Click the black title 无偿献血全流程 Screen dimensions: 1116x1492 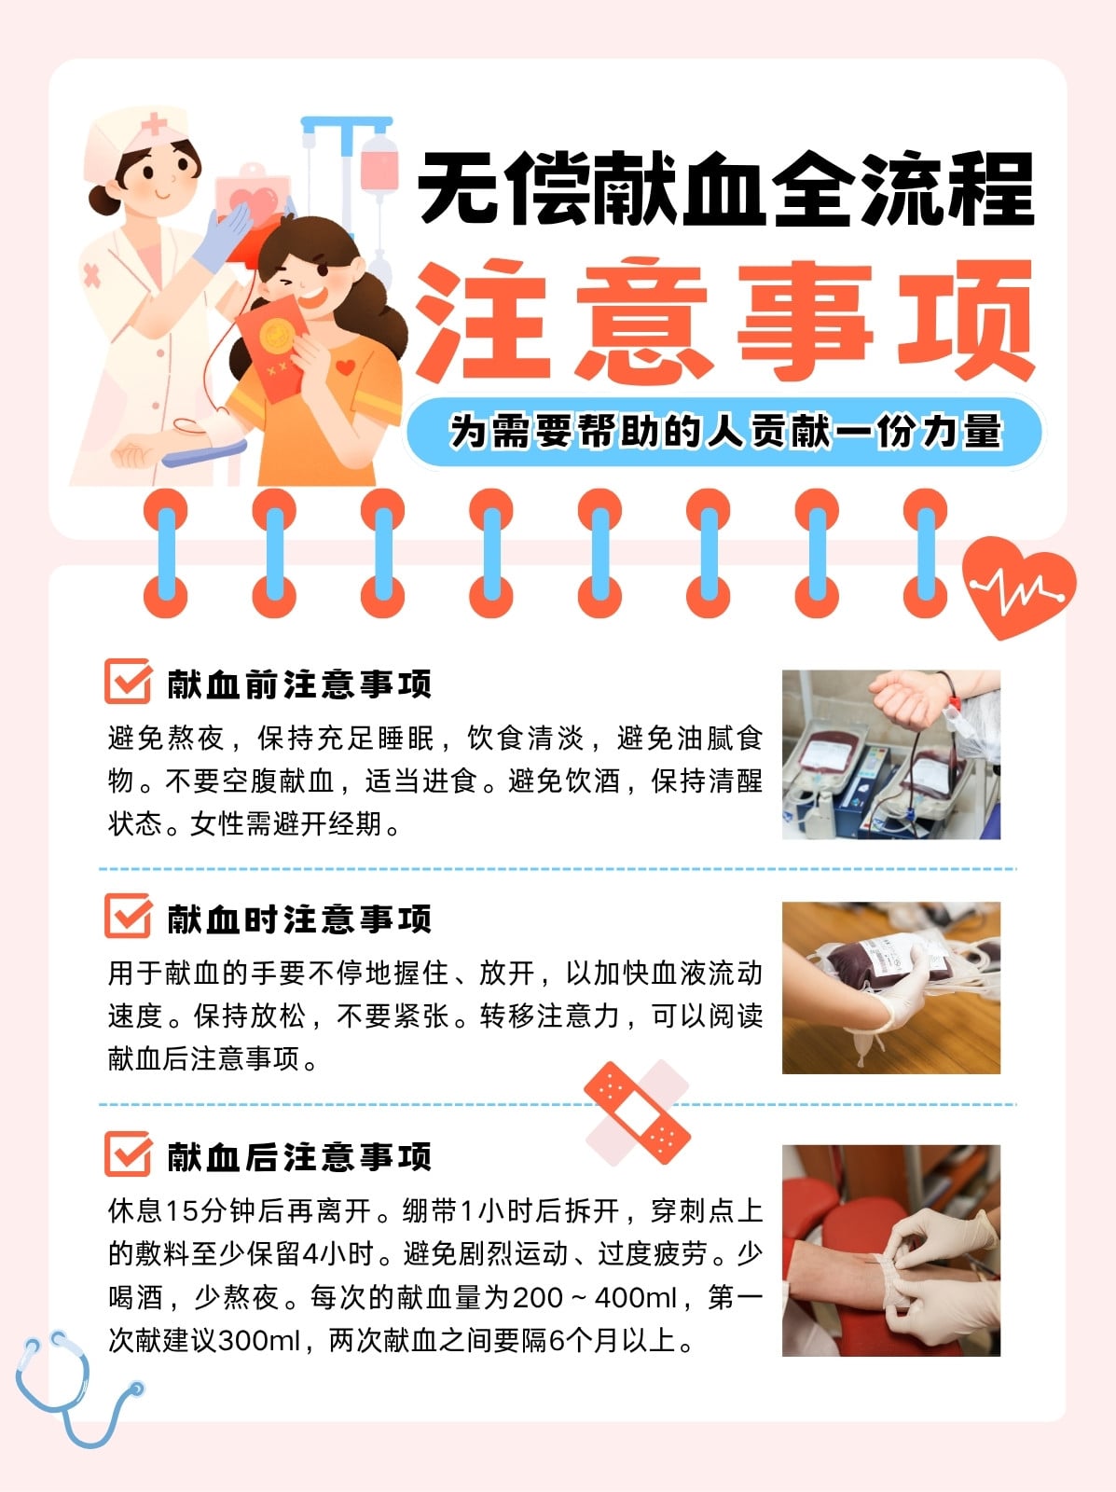point(725,189)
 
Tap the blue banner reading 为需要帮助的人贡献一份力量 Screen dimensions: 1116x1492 point(724,431)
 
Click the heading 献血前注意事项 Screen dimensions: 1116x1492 point(299,684)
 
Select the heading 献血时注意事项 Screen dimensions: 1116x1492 point(299,919)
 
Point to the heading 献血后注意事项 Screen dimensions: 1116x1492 point(299,1156)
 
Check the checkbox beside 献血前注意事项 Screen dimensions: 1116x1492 point(129,681)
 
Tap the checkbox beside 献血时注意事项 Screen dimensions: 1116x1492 point(129,917)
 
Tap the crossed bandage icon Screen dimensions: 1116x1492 point(637,1112)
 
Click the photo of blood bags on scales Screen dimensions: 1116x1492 point(891,754)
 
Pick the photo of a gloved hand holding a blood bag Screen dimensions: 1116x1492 point(891,988)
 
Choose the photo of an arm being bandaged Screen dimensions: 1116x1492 point(891,1250)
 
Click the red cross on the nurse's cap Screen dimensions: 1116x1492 point(154,124)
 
